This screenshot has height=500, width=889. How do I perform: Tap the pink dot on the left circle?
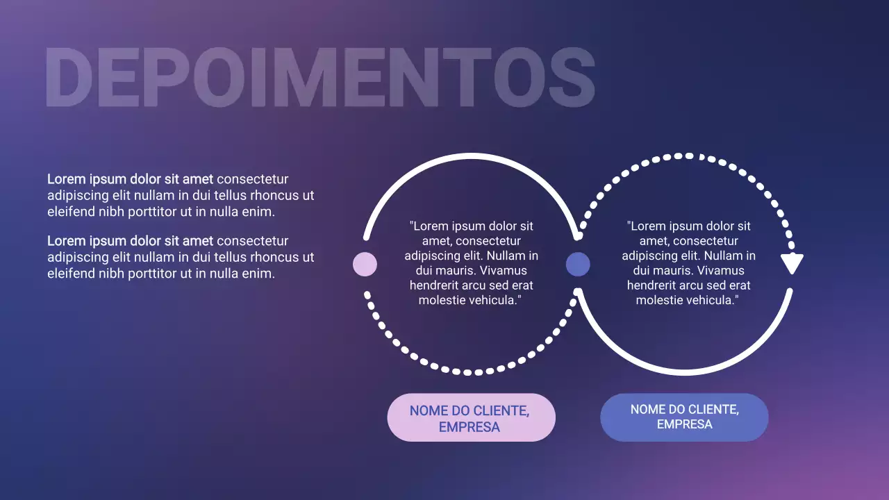[365, 264]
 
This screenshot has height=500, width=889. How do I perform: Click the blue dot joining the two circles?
[578, 264]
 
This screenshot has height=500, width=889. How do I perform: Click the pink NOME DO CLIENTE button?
[471, 417]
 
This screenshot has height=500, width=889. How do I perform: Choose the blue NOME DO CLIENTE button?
[684, 417]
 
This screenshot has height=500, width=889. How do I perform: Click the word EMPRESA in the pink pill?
[470, 427]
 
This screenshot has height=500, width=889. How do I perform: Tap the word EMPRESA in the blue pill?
[684, 424]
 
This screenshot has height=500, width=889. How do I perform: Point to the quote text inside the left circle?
[471, 263]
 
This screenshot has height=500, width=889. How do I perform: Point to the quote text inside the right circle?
[688, 263]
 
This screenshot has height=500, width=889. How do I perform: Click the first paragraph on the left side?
[181, 195]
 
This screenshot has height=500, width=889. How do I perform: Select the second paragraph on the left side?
[181, 257]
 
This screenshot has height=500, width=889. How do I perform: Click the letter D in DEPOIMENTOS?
[67, 78]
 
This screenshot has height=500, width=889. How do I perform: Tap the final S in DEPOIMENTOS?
[570, 78]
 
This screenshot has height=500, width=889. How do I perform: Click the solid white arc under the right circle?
[684, 372]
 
